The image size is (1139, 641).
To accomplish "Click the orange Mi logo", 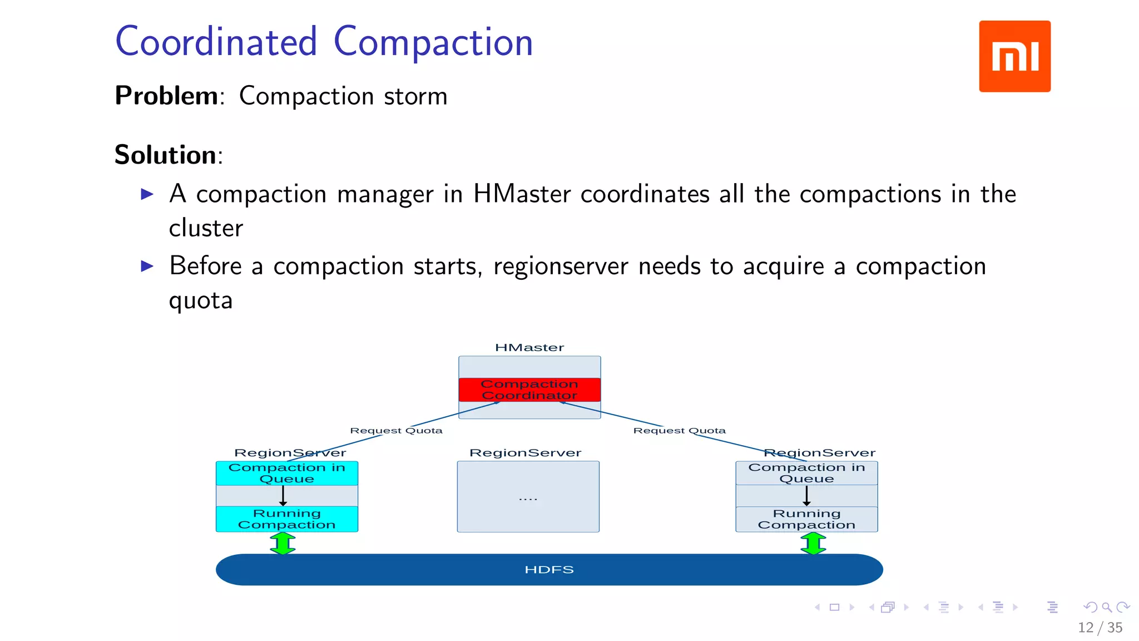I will pyautogui.click(x=1014, y=56).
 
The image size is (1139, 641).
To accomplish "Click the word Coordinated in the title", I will pyautogui.click(x=216, y=42).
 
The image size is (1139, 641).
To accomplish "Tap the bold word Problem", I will pyautogui.click(x=166, y=96).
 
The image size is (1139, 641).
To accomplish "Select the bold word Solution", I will pyautogui.click(x=165, y=155).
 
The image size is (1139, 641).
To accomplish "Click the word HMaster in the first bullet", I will pyautogui.click(x=522, y=194).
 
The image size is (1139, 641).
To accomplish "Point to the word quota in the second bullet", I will pyautogui.click(x=201, y=300).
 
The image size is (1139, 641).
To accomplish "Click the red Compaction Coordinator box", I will pyautogui.click(x=529, y=389).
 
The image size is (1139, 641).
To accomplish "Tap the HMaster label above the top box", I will pyautogui.click(x=529, y=348).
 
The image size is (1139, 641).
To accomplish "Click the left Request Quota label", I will pyautogui.click(x=396, y=431).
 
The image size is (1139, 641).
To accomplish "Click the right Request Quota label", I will pyautogui.click(x=679, y=431).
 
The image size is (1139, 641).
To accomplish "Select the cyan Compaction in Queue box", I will pyautogui.click(x=286, y=473).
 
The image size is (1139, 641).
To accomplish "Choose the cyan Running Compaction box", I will pyautogui.click(x=286, y=519).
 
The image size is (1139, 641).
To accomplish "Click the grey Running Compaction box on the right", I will pyautogui.click(x=806, y=519).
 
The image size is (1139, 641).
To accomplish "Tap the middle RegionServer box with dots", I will pyautogui.click(x=528, y=497).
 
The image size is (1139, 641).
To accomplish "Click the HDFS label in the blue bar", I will pyautogui.click(x=549, y=570).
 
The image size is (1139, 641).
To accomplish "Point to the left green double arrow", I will pyautogui.click(x=283, y=544).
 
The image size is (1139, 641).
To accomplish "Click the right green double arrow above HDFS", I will pyautogui.click(x=813, y=544).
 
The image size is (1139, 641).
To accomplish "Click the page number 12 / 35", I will pyautogui.click(x=1100, y=628).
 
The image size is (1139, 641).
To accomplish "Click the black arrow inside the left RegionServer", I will pyautogui.click(x=283, y=495).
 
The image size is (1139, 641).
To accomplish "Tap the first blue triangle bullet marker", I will pyautogui.click(x=147, y=194).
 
